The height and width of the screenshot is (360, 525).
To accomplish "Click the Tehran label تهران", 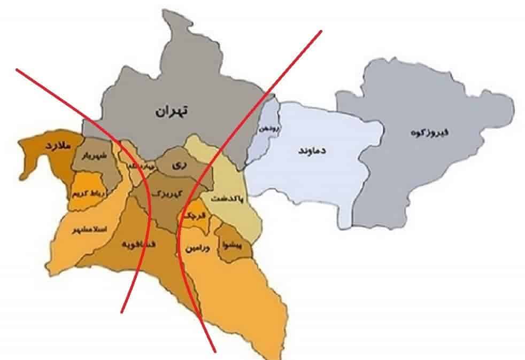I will click(173, 111).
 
